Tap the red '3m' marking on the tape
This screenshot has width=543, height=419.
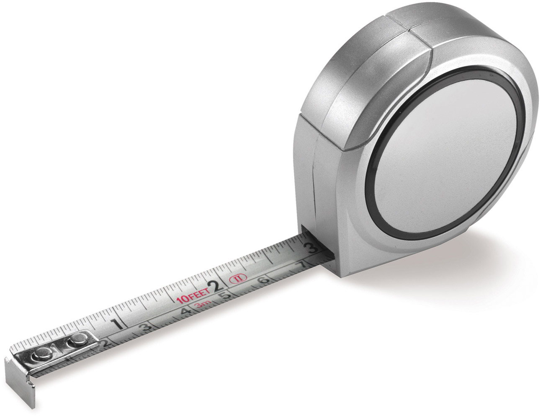(203, 306)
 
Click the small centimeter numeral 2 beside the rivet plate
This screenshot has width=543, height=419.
(106, 344)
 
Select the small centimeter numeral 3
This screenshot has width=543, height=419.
(146, 327)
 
